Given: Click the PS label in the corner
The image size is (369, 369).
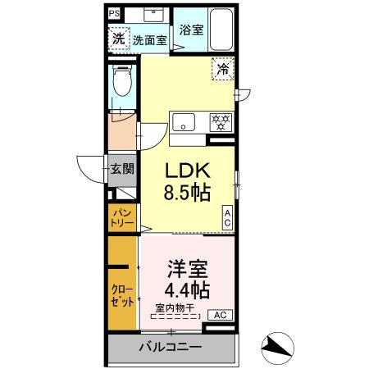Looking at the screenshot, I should (113, 13).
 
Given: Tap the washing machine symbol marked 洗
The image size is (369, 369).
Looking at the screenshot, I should (119, 38).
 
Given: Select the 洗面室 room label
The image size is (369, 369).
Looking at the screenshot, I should (149, 39).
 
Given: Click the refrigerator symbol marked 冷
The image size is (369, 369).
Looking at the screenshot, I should (222, 70).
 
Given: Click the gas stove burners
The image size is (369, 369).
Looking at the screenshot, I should (221, 121).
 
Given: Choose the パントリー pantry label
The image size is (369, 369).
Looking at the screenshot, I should (122, 216).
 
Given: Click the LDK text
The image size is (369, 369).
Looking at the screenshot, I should (189, 171).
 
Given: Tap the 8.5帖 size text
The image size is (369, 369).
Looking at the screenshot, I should (189, 194).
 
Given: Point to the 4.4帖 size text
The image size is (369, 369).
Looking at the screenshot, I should (188, 289).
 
